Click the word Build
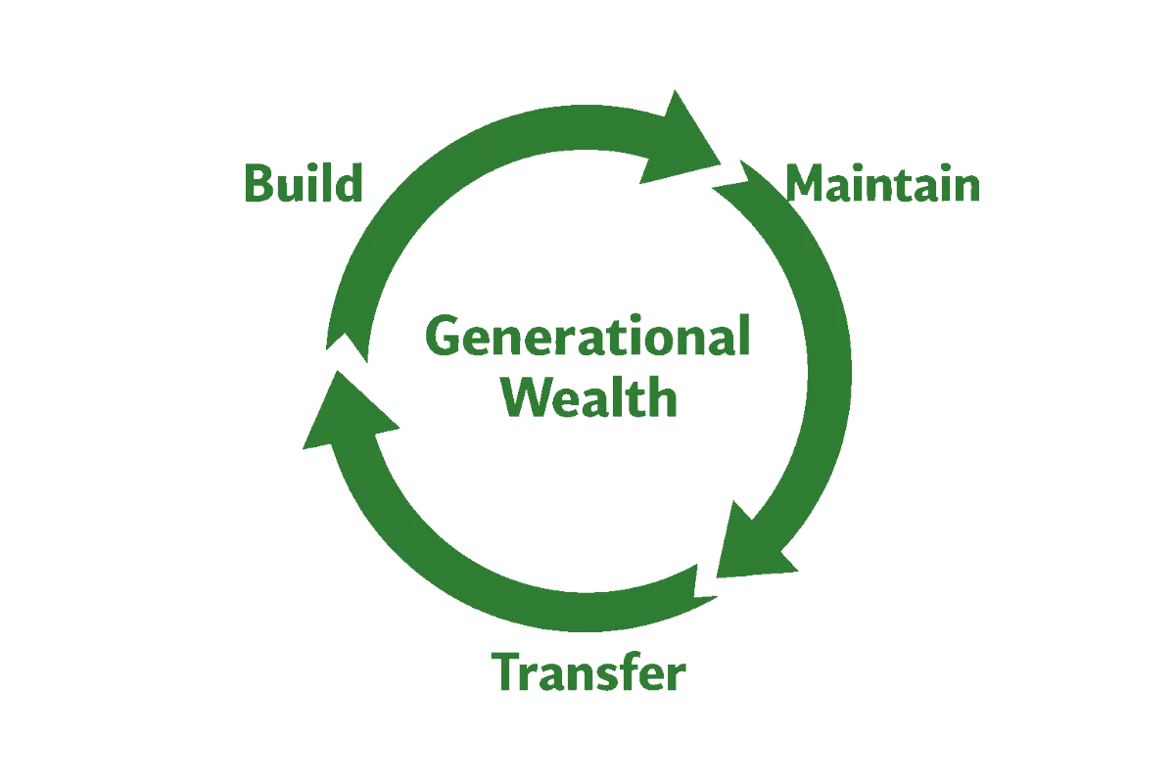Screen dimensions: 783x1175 coord(303,183)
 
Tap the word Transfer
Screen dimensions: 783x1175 coord(589,673)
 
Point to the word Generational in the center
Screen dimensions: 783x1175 coord(587,339)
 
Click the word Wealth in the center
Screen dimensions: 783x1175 coord(589,398)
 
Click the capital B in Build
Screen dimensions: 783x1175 coord(258,183)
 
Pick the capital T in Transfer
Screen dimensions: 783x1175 coord(508,672)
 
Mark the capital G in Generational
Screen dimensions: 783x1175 coord(443,339)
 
